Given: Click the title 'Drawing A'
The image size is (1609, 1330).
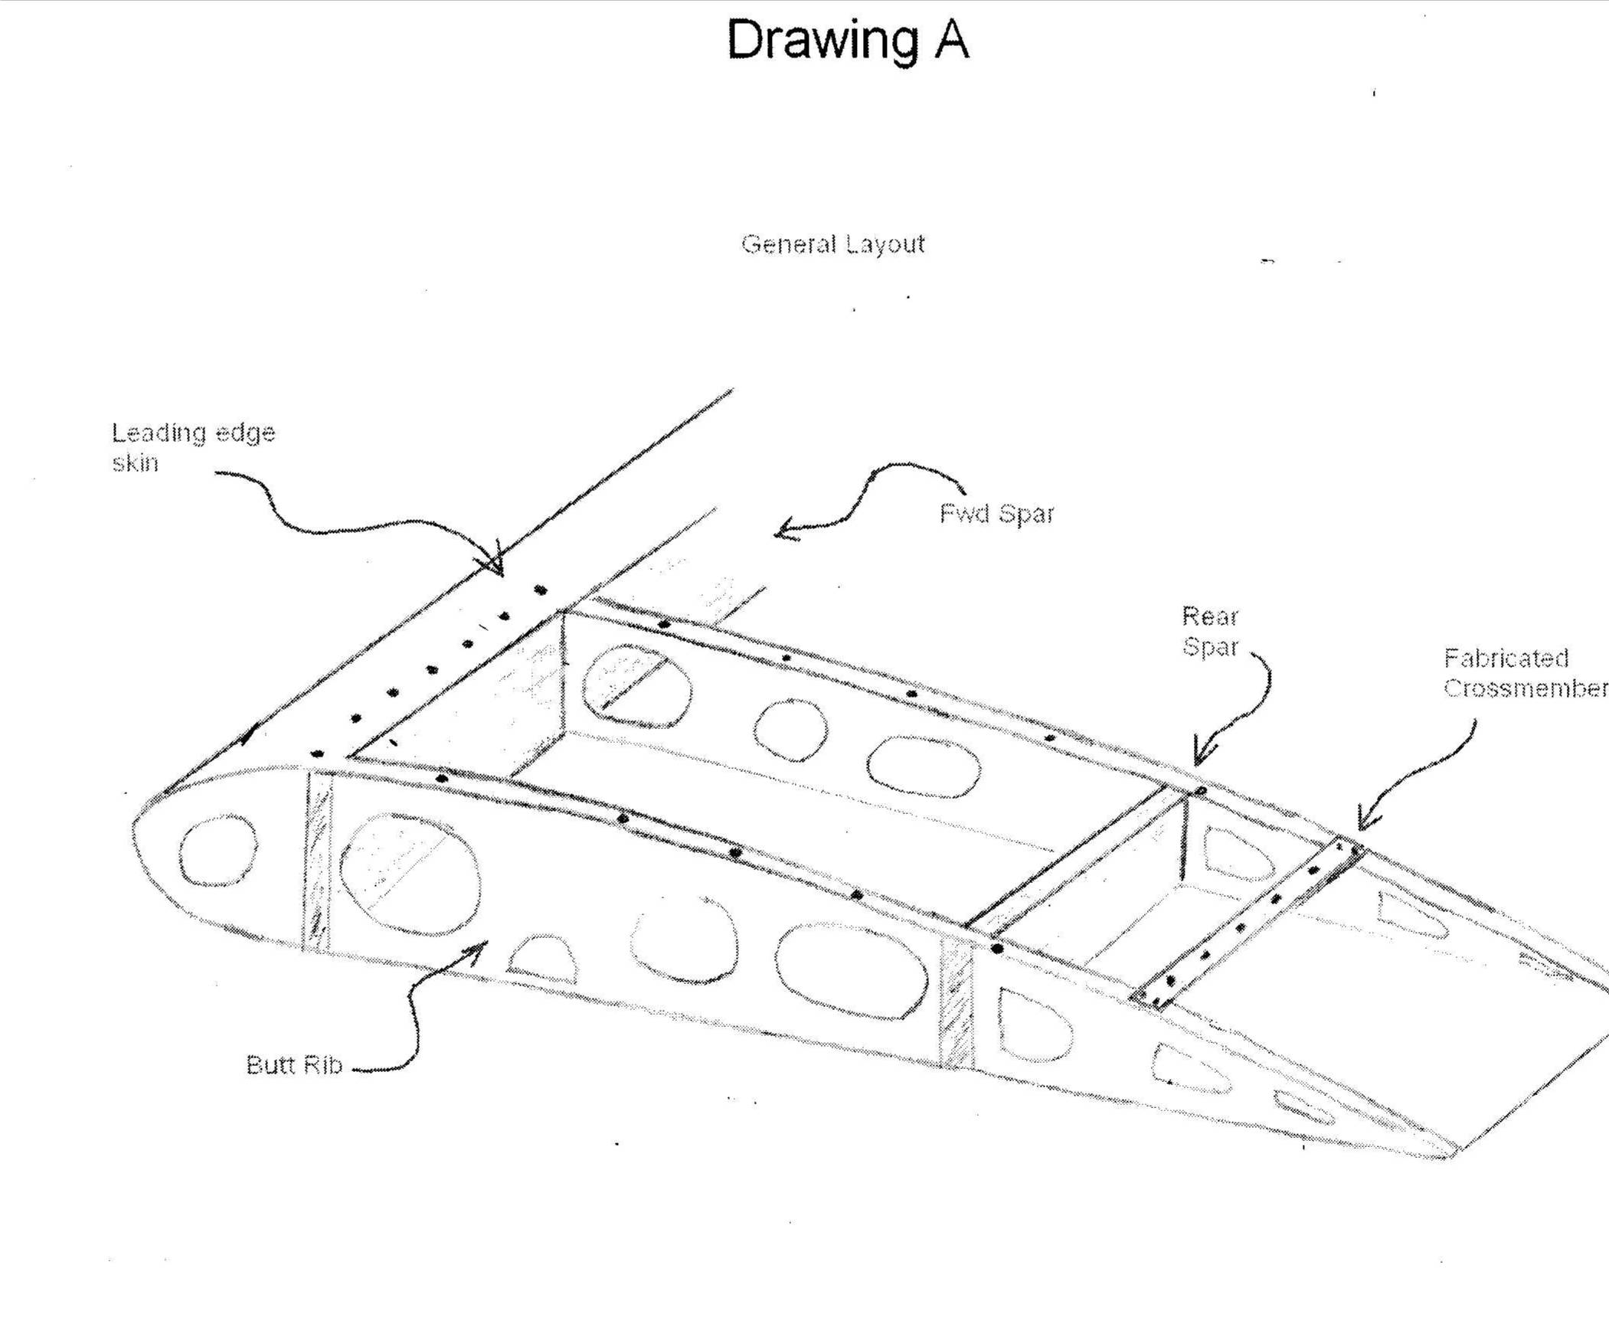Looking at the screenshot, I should (x=848, y=40).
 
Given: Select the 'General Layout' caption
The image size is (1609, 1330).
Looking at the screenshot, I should (x=833, y=244).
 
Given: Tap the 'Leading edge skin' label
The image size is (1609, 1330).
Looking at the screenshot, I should (x=193, y=447).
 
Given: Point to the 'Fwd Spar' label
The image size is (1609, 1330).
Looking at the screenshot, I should (x=997, y=513).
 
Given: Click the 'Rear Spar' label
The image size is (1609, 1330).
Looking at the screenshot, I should (x=1210, y=631).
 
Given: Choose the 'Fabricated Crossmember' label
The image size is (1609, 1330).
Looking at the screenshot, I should (x=1525, y=674).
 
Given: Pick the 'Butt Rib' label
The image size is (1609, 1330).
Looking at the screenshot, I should (x=293, y=1066).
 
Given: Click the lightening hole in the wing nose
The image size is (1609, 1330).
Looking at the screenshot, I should (x=218, y=851).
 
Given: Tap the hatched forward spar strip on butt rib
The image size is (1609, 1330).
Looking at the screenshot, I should (x=317, y=862).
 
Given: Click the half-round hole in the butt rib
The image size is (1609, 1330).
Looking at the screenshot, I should (x=542, y=959).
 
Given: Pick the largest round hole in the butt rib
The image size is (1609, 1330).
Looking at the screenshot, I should (x=410, y=874).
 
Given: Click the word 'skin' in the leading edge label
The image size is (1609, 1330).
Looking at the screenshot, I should (x=135, y=463).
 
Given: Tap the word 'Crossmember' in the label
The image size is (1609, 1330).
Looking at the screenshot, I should (x=1525, y=689).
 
